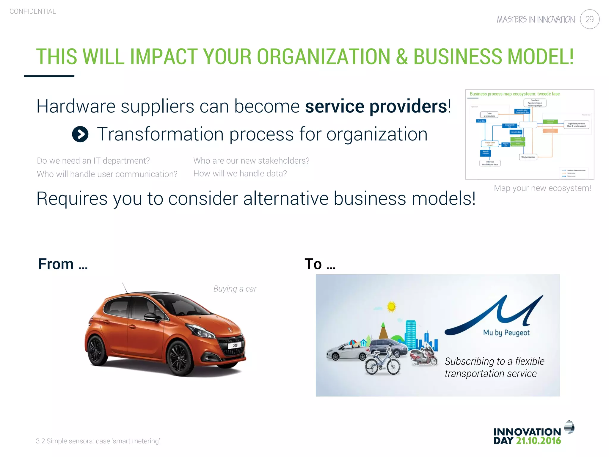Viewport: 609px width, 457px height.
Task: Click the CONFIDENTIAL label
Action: pos(33,12)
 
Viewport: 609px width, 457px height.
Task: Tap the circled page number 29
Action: pos(589,19)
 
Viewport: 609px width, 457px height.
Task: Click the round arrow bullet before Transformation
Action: pos(80,134)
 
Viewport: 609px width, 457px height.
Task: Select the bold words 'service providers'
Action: pos(376,107)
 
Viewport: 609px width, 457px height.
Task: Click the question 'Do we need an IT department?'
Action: pos(93,161)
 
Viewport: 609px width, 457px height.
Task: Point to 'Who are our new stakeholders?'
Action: pos(251,161)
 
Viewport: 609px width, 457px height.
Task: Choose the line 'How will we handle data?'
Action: pos(240,173)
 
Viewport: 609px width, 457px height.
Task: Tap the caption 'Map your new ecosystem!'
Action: pos(542,188)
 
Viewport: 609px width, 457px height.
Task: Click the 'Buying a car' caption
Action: pos(235,289)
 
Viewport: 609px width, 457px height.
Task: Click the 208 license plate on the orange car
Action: pos(235,345)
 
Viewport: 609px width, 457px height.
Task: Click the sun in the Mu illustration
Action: pos(391,306)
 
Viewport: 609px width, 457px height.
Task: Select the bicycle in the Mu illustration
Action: pos(383,363)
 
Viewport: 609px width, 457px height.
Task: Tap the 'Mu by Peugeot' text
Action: pos(506,333)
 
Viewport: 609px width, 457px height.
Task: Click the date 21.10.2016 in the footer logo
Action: pos(538,441)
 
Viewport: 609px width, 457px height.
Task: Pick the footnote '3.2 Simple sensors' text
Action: pos(98,441)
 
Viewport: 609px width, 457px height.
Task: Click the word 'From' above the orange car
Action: pos(56,264)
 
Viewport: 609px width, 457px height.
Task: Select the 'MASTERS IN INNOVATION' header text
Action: pos(536,20)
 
